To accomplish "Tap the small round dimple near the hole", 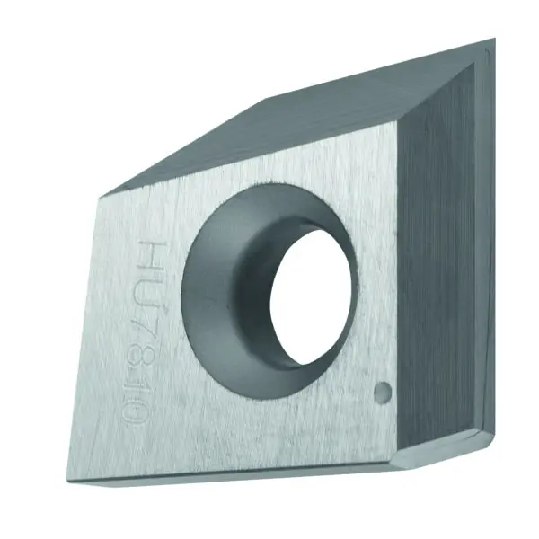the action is pyautogui.click(x=383, y=391).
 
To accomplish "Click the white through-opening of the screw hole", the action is pyautogui.click(x=311, y=296).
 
